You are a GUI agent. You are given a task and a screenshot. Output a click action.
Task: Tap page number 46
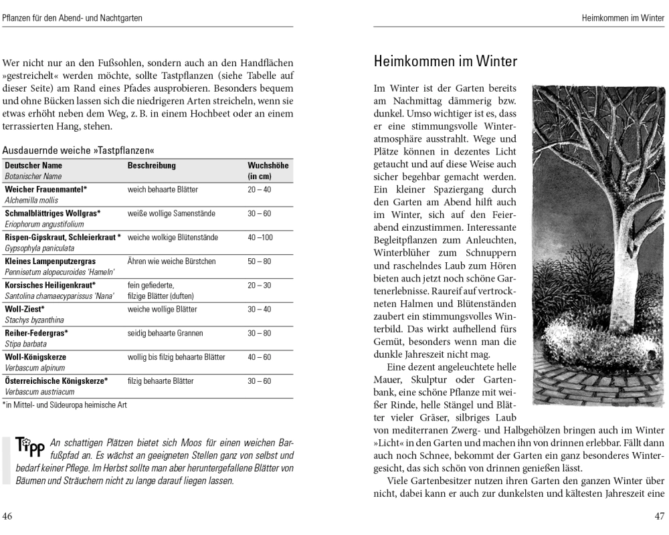7,516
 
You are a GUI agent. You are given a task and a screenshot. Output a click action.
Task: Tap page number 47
659,516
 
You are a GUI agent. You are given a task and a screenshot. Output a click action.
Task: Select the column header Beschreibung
152,165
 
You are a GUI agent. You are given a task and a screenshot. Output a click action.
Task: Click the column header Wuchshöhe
268,165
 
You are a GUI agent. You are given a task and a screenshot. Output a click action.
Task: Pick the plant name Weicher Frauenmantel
46,189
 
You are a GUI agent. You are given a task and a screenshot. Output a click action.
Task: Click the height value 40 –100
260,237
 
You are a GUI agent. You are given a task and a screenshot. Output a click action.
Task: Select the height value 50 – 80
259,261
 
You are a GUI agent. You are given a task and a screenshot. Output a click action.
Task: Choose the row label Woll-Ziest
25,309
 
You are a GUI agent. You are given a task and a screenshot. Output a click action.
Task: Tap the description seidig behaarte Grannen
165,333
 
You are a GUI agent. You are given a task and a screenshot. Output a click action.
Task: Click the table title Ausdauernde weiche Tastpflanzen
73,150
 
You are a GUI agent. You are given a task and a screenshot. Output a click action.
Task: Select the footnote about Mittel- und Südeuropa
64,405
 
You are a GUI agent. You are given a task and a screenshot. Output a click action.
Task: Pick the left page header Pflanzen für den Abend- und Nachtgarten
72,17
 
